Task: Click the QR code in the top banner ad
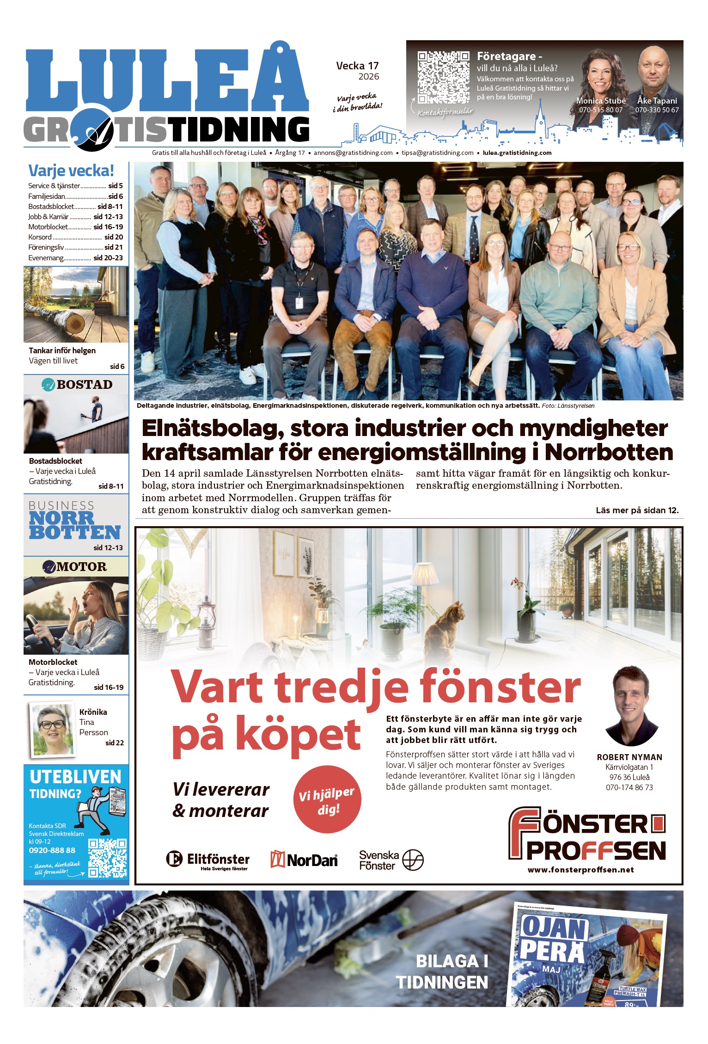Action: pyautogui.click(x=443, y=77)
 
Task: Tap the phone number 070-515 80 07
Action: pyautogui.click(x=601, y=110)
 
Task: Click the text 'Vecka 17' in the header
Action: pyautogui.click(x=357, y=66)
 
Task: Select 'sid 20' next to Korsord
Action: pyautogui.click(x=114, y=237)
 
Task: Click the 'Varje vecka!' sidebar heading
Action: pyautogui.click(x=71, y=171)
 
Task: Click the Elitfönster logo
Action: pyautogui.click(x=208, y=860)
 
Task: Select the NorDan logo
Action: pyautogui.click(x=304, y=860)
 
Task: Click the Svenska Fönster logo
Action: pyautogui.click(x=391, y=860)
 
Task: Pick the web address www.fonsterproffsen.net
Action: pyautogui.click(x=581, y=870)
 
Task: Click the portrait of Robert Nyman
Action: pyautogui.click(x=631, y=705)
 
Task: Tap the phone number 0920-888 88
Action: pyautogui.click(x=52, y=850)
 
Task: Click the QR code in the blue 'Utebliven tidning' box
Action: pyautogui.click(x=107, y=858)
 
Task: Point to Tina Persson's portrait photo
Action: pyautogui.click(x=52, y=729)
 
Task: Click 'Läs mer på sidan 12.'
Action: pyautogui.click(x=637, y=510)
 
